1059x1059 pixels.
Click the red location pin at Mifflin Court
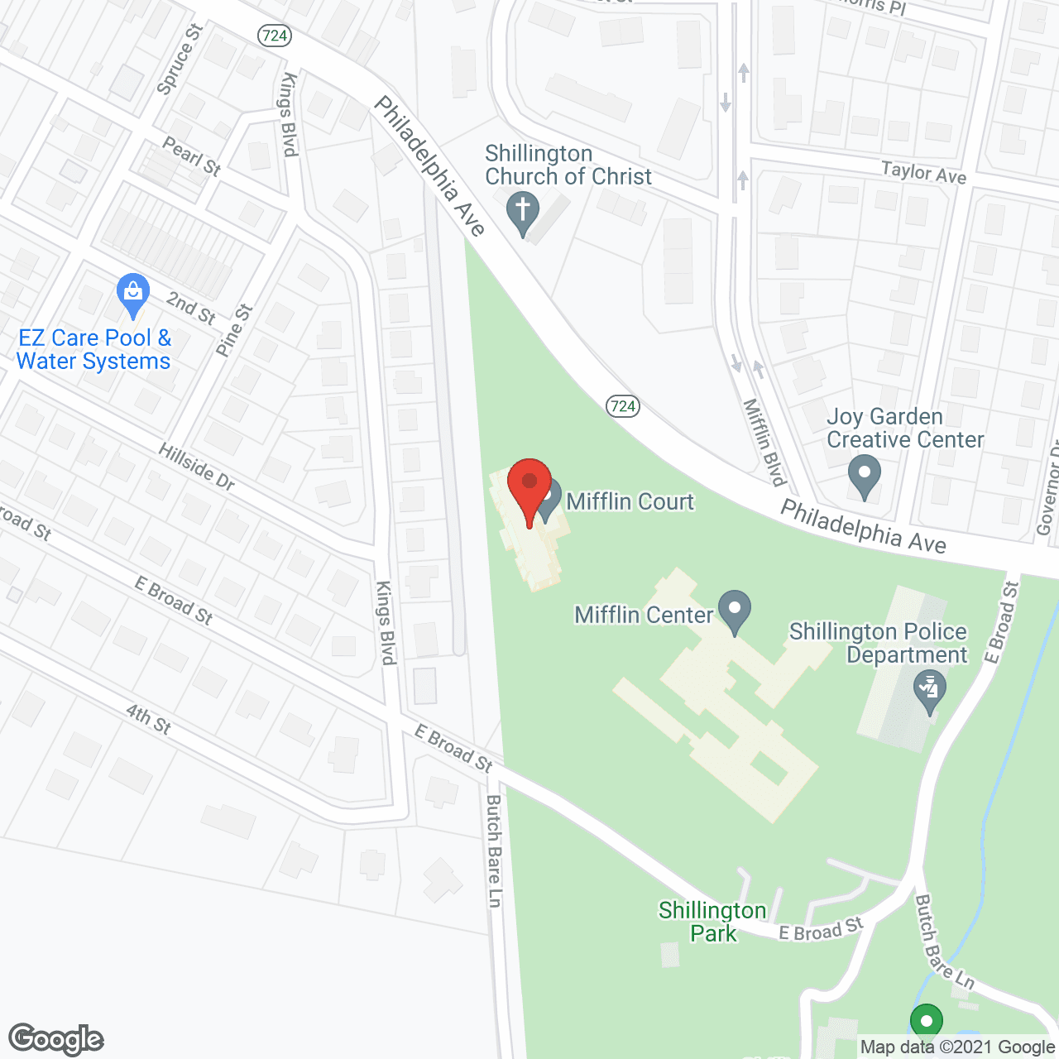(x=529, y=489)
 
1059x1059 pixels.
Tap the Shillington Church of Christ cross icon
(x=523, y=213)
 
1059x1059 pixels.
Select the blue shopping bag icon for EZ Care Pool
(x=133, y=295)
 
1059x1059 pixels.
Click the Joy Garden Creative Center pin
(x=865, y=478)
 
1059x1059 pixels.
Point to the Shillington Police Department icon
(x=929, y=692)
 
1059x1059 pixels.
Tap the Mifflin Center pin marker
(x=735, y=611)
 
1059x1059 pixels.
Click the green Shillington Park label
(x=712, y=922)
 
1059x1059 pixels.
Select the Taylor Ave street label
(x=923, y=172)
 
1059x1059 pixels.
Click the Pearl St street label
(x=191, y=156)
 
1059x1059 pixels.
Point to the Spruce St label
(x=180, y=59)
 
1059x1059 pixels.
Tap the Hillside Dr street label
(x=197, y=467)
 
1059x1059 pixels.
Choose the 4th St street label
(x=148, y=719)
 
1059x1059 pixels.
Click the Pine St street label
(x=233, y=331)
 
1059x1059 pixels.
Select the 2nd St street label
(x=191, y=308)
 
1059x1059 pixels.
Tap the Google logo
(x=56, y=1039)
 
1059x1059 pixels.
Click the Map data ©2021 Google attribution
(x=957, y=1047)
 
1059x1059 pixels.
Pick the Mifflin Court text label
(x=630, y=501)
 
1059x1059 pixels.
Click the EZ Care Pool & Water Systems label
(x=93, y=349)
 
